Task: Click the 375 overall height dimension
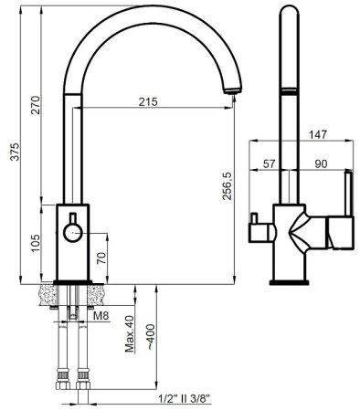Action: click(x=15, y=151)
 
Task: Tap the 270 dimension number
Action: click(x=36, y=105)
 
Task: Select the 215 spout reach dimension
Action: click(x=148, y=101)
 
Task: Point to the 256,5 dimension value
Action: click(x=227, y=186)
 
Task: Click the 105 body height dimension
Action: click(x=36, y=243)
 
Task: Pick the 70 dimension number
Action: click(x=102, y=258)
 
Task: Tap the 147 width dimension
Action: click(x=318, y=134)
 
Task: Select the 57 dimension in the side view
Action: click(x=269, y=164)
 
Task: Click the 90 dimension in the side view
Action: click(x=321, y=164)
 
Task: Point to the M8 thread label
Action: click(x=101, y=316)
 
